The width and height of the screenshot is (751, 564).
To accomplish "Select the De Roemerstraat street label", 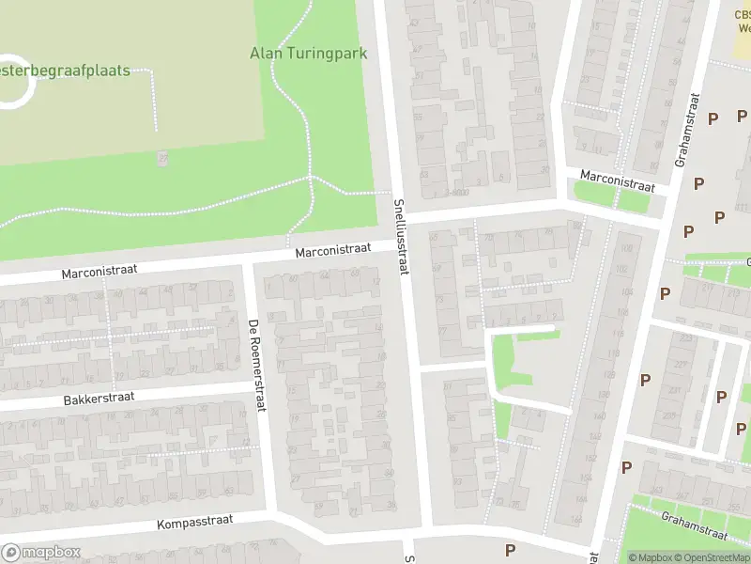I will point(255,364).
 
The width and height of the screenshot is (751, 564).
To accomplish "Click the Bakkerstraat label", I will point(100,398).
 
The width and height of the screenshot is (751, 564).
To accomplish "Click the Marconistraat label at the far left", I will point(100,271).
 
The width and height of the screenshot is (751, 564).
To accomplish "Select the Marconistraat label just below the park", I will point(332,250).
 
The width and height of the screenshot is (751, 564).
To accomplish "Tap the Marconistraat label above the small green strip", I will point(616,180).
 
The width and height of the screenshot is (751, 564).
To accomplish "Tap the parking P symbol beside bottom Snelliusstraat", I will point(511,550).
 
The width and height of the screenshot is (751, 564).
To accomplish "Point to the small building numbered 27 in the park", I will point(162,158).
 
